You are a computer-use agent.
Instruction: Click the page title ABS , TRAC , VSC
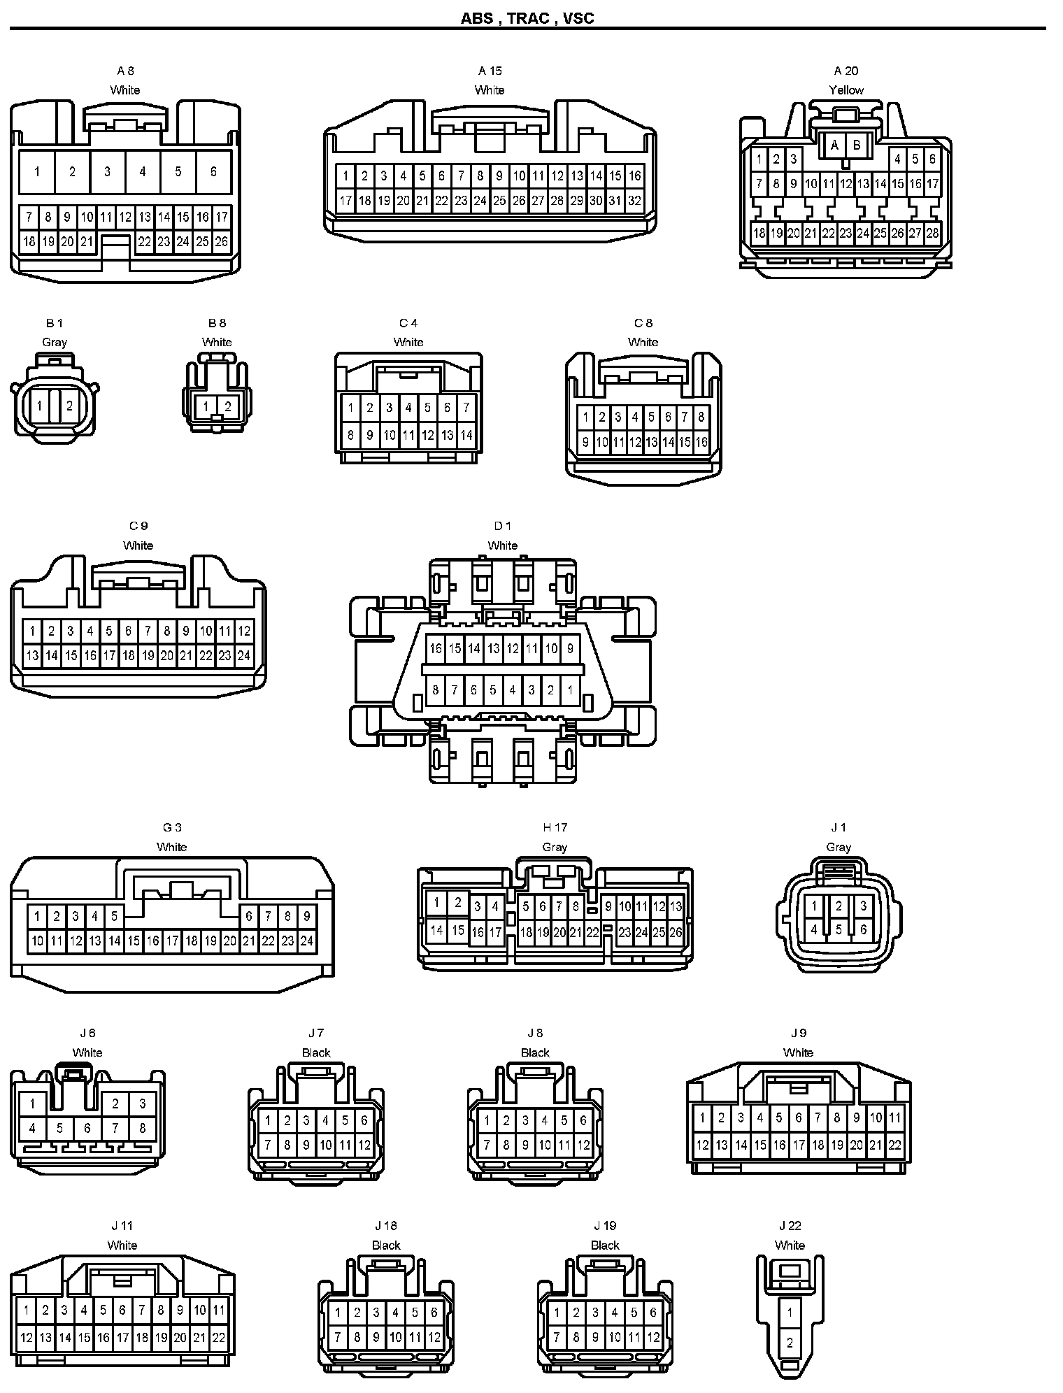click(527, 18)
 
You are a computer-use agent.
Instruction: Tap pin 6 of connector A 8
click(213, 171)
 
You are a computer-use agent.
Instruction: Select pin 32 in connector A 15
click(634, 201)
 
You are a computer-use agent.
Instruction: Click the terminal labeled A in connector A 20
click(834, 146)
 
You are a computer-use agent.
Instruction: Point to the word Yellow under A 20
click(846, 90)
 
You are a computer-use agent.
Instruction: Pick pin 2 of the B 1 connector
click(69, 406)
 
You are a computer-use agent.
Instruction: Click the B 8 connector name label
click(217, 323)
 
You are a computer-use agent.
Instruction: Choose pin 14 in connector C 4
click(466, 435)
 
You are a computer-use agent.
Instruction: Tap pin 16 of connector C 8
click(701, 442)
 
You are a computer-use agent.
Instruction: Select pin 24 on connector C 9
click(243, 656)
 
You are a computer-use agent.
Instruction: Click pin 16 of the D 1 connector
click(436, 648)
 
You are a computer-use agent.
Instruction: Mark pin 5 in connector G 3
click(114, 916)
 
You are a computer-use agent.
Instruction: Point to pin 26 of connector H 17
click(676, 932)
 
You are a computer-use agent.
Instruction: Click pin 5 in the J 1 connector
click(839, 930)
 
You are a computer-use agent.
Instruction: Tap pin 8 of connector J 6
click(143, 1128)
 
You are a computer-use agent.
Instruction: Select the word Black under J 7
click(316, 1052)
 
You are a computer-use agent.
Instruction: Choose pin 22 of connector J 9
click(894, 1145)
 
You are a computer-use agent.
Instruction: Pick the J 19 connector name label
click(605, 1226)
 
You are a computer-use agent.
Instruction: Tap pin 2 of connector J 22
click(790, 1343)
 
